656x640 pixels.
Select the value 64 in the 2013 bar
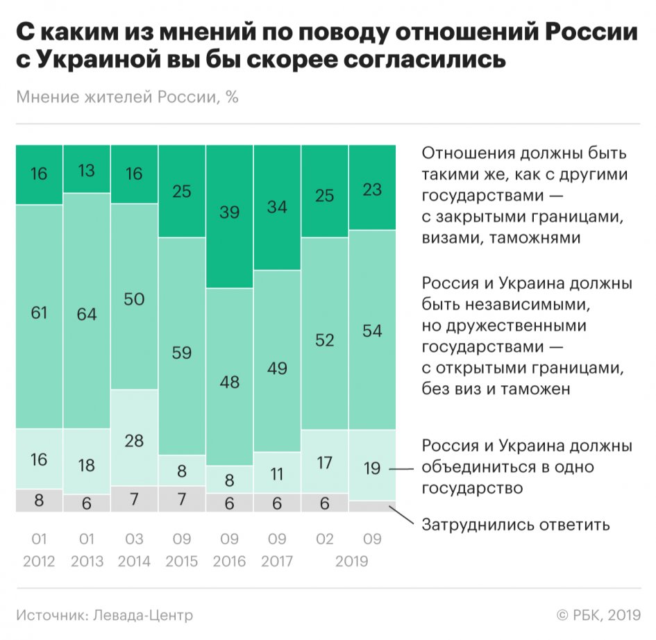coord(87,314)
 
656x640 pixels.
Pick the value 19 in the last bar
coord(372,469)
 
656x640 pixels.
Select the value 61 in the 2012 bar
coord(39,313)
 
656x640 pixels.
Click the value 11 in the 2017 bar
coord(277,475)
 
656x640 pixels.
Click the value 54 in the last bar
coord(372,330)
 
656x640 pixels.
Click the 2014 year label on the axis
coord(134,561)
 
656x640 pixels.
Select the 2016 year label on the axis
coord(230,561)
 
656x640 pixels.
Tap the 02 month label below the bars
coord(325,539)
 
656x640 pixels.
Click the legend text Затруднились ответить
coord(516,524)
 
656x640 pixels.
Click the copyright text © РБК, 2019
coord(598,615)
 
